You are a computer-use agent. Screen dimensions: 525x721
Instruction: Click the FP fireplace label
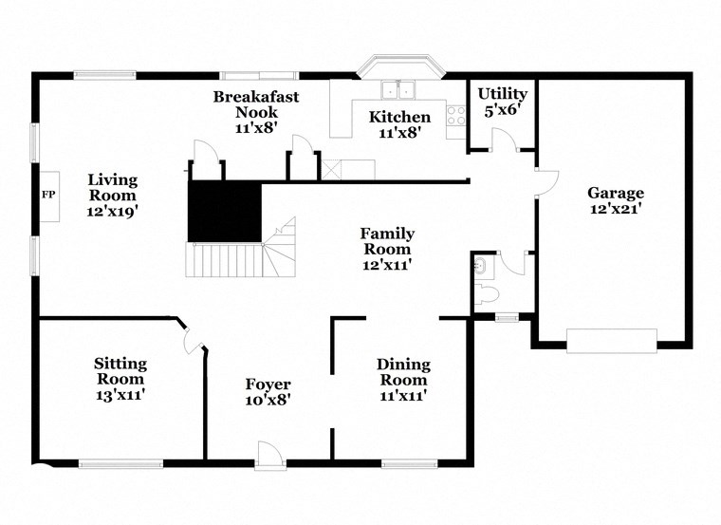click(x=47, y=194)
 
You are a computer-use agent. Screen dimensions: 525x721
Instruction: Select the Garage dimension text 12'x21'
click(x=615, y=211)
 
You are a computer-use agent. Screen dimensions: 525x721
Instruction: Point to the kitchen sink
click(x=399, y=91)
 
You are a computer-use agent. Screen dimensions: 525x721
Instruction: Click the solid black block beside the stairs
click(x=224, y=211)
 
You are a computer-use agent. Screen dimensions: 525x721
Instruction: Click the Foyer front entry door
click(x=269, y=455)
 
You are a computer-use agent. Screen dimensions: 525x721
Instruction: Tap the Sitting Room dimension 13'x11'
click(x=120, y=391)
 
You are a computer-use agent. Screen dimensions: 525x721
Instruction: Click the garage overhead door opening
click(x=611, y=339)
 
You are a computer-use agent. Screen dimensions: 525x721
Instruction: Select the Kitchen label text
click(x=399, y=118)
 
